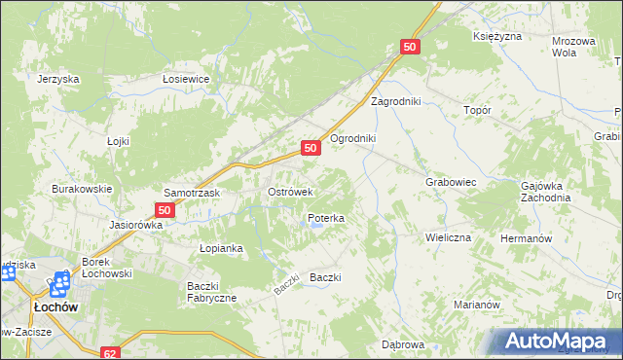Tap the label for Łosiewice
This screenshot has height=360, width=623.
187,80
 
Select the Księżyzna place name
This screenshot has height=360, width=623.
497,36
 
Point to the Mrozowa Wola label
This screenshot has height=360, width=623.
573,47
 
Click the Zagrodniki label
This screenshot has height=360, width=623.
394,101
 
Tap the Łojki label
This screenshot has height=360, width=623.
118,141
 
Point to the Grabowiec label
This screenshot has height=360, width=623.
450,182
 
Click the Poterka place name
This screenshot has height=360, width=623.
326,219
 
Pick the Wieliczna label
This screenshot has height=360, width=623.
448,237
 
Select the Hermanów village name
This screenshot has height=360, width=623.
526,238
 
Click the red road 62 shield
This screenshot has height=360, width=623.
110,353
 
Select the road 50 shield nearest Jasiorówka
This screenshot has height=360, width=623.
165,209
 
